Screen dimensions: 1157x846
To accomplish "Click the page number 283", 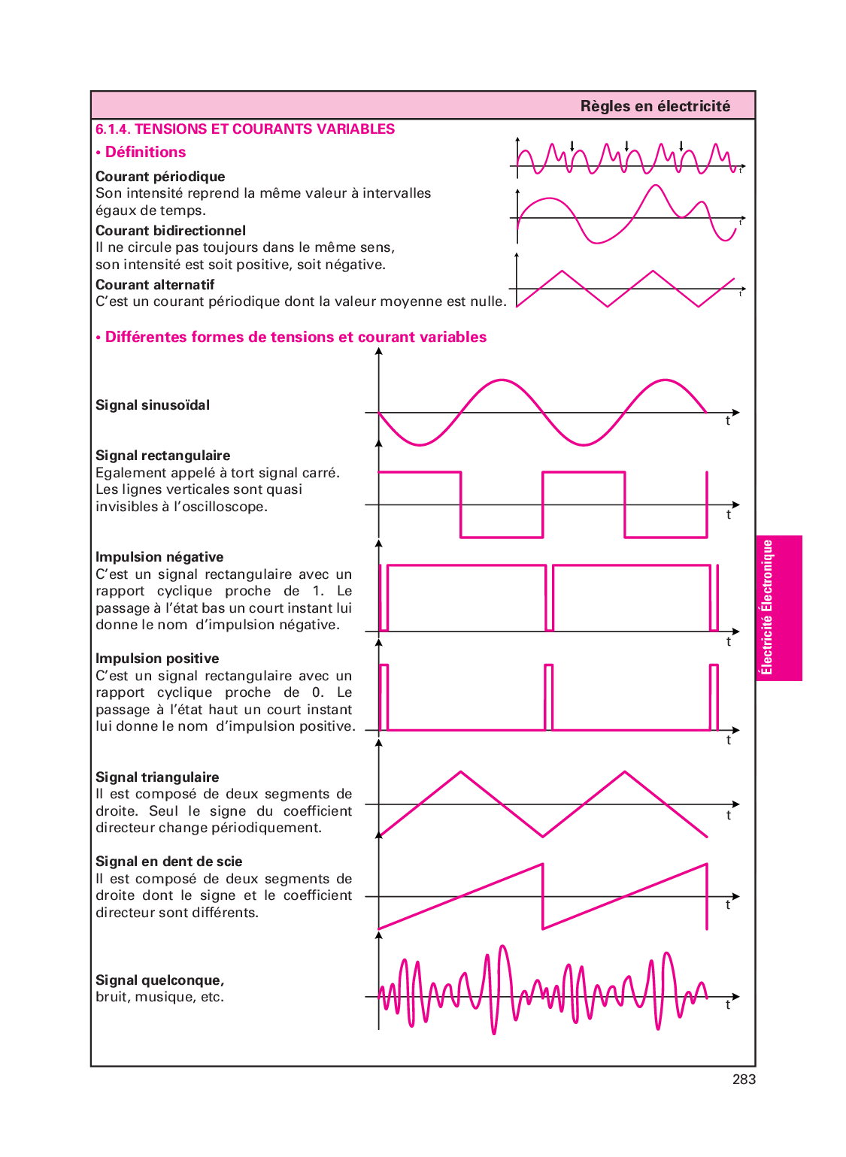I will [744, 1080].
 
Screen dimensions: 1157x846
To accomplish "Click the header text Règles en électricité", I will [655, 106].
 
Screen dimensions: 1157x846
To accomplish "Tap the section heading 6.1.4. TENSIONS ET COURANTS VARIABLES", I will [245, 129].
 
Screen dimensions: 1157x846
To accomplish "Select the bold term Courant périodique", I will [160, 177].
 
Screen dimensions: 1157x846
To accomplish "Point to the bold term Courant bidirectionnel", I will [171, 231].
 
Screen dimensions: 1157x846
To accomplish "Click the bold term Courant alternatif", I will [155, 285].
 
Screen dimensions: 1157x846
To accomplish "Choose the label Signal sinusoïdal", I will [153, 405].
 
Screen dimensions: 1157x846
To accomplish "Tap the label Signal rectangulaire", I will [163, 456].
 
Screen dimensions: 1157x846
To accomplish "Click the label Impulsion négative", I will [159, 557].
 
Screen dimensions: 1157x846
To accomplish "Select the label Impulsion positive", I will [157, 659].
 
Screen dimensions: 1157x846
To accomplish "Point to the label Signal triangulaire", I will [157, 777].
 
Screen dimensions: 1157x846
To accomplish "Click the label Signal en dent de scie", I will [169, 862].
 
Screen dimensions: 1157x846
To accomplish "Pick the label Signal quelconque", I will [159, 980].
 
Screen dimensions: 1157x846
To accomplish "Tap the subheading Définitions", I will [145, 153].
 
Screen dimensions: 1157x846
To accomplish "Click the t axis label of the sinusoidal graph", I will [727, 422].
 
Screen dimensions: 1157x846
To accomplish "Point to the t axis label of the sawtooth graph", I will [727, 905].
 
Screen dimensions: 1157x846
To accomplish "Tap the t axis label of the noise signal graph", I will [727, 1005].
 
